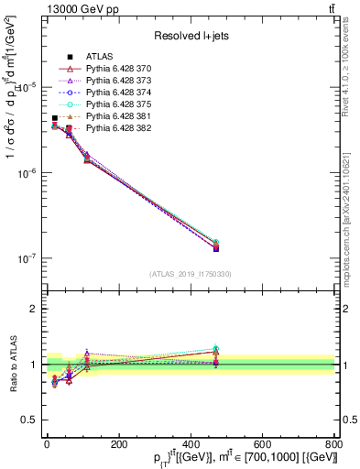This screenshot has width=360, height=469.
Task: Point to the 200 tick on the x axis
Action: pos(118,444)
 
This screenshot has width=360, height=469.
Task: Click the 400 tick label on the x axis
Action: pos(190,444)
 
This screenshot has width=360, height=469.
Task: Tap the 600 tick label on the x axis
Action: pos(262,444)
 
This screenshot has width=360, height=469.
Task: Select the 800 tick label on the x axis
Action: pos(333,444)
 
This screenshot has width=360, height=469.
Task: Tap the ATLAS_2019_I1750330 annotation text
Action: pos(190,274)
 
